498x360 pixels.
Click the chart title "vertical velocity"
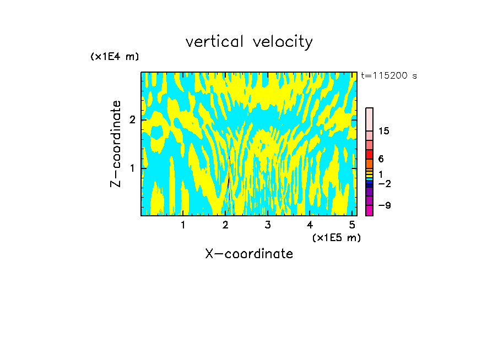(249, 42)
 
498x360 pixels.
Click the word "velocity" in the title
(280, 42)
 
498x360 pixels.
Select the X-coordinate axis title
(249, 254)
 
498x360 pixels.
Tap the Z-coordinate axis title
(116, 144)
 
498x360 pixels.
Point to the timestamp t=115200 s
(388, 76)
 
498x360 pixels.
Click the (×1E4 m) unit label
(115, 56)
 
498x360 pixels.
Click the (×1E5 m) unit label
(336, 237)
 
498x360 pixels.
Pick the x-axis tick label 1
(183, 225)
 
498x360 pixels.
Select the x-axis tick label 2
(225, 225)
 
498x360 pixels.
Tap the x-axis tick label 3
(267, 225)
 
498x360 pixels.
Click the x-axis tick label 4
(310, 225)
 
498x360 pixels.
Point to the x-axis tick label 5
(351, 225)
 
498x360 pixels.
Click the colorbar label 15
(384, 131)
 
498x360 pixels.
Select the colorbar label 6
(381, 159)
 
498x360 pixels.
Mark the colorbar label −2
(384, 183)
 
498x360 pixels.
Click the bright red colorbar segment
(369, 154)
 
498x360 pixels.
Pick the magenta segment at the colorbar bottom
(369, 210)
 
